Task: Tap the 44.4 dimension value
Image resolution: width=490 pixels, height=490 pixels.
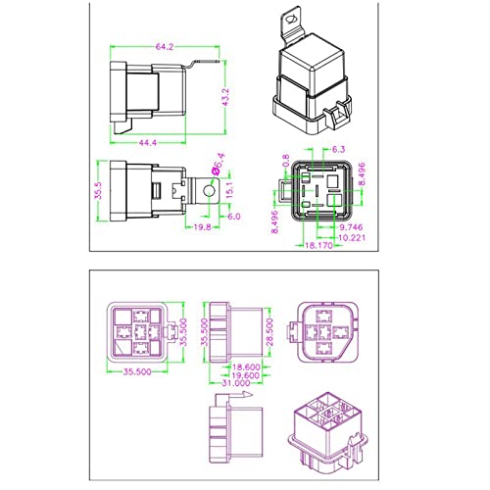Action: coord(148,143)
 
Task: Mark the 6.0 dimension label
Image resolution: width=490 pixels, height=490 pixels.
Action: coord(234,217)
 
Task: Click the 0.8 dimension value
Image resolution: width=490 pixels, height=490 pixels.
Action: coord(285,162)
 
